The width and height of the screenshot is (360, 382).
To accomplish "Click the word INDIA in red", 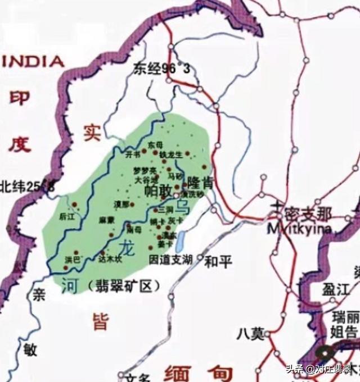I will click(34, 61).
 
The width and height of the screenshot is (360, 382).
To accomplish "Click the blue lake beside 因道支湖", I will click(179, 243).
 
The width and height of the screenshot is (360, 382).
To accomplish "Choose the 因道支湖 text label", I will click(171, 260).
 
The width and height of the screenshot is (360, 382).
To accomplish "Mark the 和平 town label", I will click(215, 261).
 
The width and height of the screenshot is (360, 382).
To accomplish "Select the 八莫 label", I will click(250, 333).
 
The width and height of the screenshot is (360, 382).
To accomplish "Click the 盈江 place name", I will click(336, 290).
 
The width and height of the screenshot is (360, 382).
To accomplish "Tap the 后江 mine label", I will click(67, 216).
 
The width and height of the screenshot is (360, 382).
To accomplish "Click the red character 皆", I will click(101, 321).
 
